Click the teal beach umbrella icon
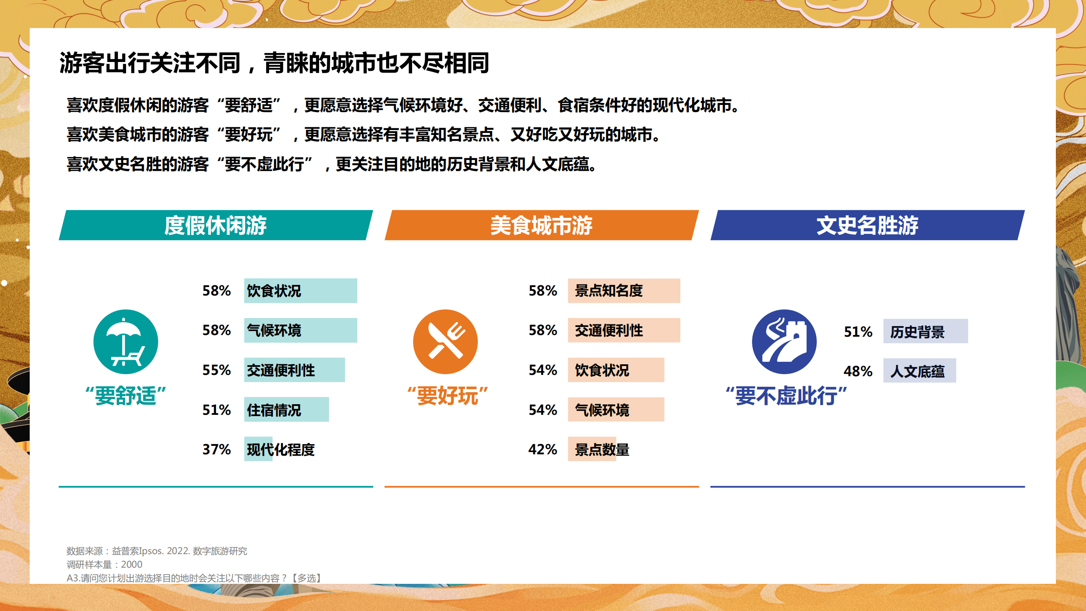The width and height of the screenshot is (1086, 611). pyautogui.click(x=126, y=342)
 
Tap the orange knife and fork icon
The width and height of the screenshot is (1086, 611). pyautogui.click(x=445, y=342)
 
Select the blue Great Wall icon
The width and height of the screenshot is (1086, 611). pyautogui.click(x=784, y=342)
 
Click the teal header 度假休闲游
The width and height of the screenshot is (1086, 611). pyautogui.click(x=216, y=225)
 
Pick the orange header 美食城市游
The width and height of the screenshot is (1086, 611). pyautogui.click(x=541, y=225)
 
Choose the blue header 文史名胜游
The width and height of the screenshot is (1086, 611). pyautogui.click(x=867, y=225)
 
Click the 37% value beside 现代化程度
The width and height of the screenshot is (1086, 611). pyautogui.click(x=216, y=449)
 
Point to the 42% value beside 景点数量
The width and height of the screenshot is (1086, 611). pyautogui.click(x=542, y=449)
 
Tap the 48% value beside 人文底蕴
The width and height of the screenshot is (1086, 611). pyautogui.click(x=858, y=372)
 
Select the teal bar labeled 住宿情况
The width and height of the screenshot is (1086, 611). pyautogui.click(x=286, y=410)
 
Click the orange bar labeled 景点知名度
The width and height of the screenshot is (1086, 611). pyautogui.click(x=623, y=291)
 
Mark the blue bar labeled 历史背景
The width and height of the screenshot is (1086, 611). pyautogui.click(x=925, y=331)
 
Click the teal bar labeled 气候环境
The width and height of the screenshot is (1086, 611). pyautogui.click(x=300, y=330)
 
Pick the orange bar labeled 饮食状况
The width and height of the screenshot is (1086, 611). pyautogui.click(x=616, y=370)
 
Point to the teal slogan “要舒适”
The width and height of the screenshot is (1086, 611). pyautogui.click(x=126, y=396)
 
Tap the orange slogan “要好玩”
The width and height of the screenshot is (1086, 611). pyautogui.click(x=447, y=396)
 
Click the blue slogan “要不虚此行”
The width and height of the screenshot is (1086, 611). pyautogui.click(x=786, y=396)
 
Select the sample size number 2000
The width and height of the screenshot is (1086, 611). pyautogui.click(x=132, y=564)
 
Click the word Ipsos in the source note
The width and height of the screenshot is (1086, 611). pyautogui.click(x=151, y=551)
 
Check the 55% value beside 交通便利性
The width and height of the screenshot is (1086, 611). pyautogui.click(x=216, y=370)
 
